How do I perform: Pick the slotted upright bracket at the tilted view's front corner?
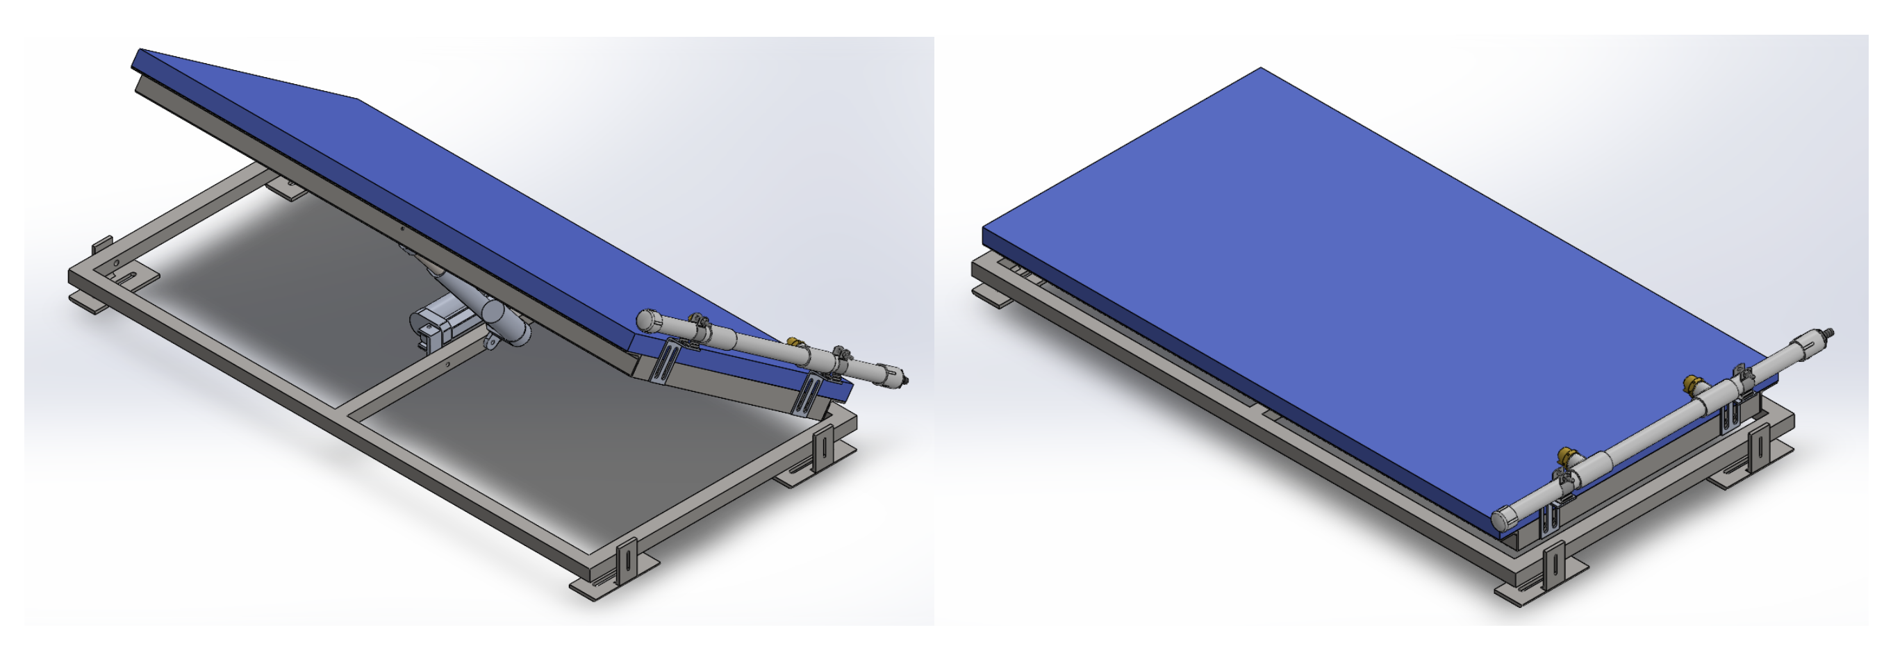pos(627,563)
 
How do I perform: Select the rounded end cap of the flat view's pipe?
pos(1504,519)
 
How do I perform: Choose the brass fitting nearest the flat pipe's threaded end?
pos(1692,383)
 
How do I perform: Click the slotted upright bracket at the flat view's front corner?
pos(1553,567)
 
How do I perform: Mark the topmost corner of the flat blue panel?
pos(1261,69)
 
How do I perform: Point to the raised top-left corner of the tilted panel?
pos(140,51)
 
